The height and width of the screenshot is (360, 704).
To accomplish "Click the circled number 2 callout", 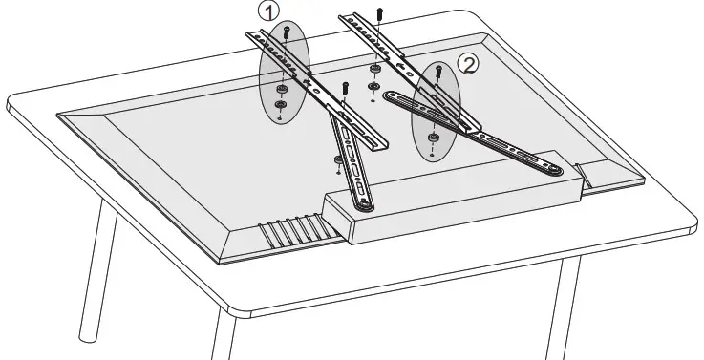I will click(x=468, y=64).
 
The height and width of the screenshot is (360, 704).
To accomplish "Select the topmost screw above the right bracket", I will click(x=380, y=13).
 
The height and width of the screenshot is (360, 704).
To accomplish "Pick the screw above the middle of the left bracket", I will click(x=344, y=90).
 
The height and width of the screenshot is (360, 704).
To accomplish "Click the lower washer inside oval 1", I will click(x=280, y=104).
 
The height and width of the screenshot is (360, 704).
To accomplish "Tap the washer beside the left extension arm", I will click(x=338, y=159).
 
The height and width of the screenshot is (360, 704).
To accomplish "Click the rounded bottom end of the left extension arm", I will click(x=362, y=203).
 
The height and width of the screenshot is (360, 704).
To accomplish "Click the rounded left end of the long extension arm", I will click(x=390, y=95).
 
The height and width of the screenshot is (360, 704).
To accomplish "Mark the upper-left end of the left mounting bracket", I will click(x=252, y=35).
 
